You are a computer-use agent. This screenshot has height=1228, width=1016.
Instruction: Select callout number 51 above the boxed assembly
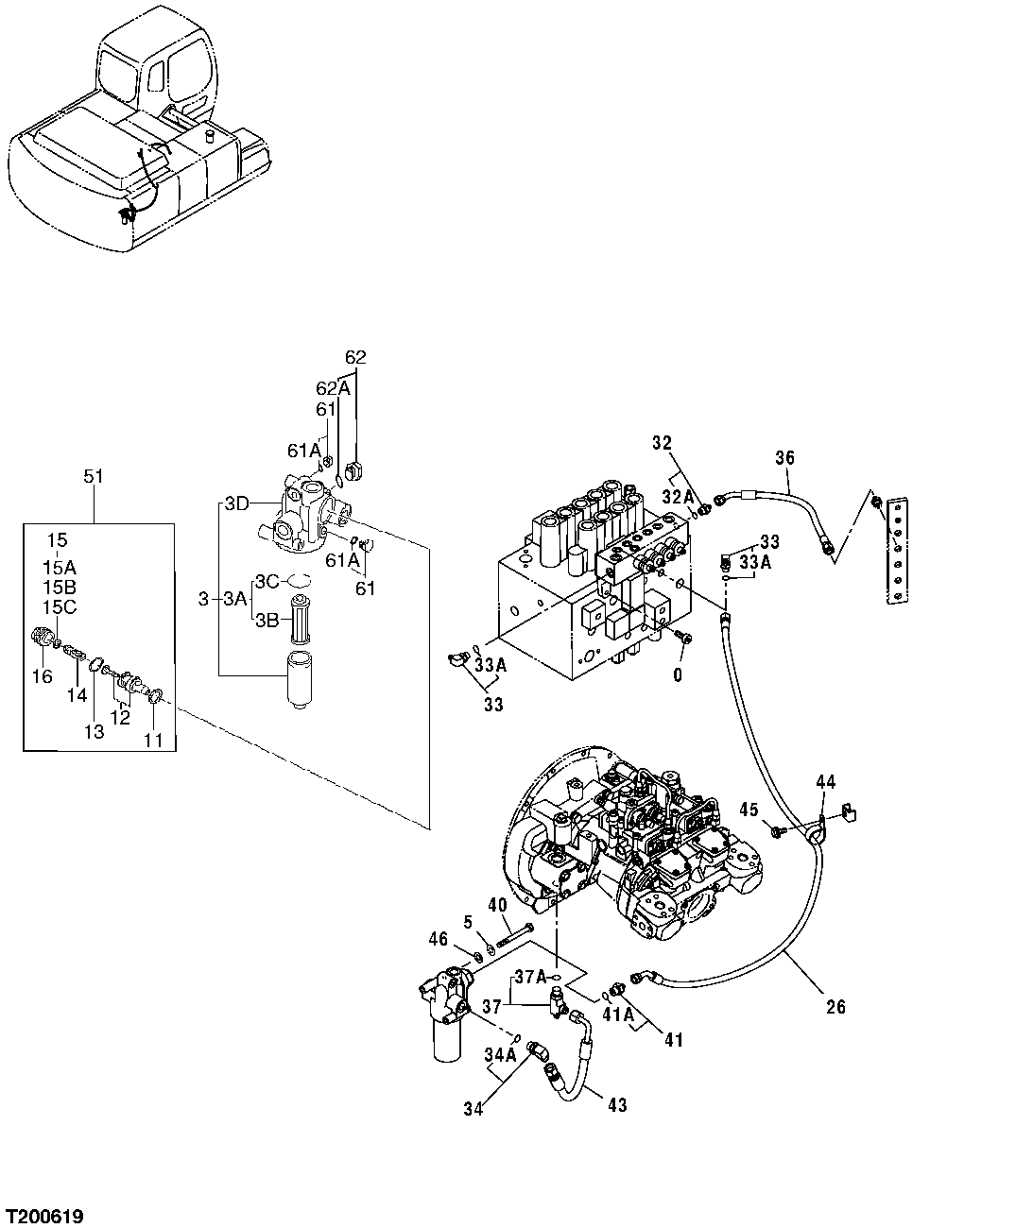coord(94,477)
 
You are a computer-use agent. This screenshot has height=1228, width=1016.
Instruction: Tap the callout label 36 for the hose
coord(785,458)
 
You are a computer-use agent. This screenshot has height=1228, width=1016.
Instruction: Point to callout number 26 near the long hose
coord(835,1007)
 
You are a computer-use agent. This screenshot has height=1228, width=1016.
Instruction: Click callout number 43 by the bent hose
coord(617,1105)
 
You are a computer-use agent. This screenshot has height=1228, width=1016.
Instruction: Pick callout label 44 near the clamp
coord(826,781)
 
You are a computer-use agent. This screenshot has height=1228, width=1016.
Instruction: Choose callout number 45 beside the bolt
coord(749,809)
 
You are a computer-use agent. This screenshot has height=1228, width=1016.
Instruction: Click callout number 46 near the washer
coord(438,938)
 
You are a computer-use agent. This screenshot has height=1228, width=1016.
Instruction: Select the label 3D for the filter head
coord(238,504)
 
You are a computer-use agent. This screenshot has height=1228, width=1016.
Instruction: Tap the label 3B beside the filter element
coord(267,621)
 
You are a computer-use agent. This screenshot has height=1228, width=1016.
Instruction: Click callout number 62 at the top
coord(355,357)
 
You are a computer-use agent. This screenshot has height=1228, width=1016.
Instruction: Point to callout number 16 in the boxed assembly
coord(43,675)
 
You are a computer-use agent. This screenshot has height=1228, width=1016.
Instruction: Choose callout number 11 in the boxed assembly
coord(153,741)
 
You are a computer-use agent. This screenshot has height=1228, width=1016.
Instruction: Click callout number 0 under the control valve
coord(677,675)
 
